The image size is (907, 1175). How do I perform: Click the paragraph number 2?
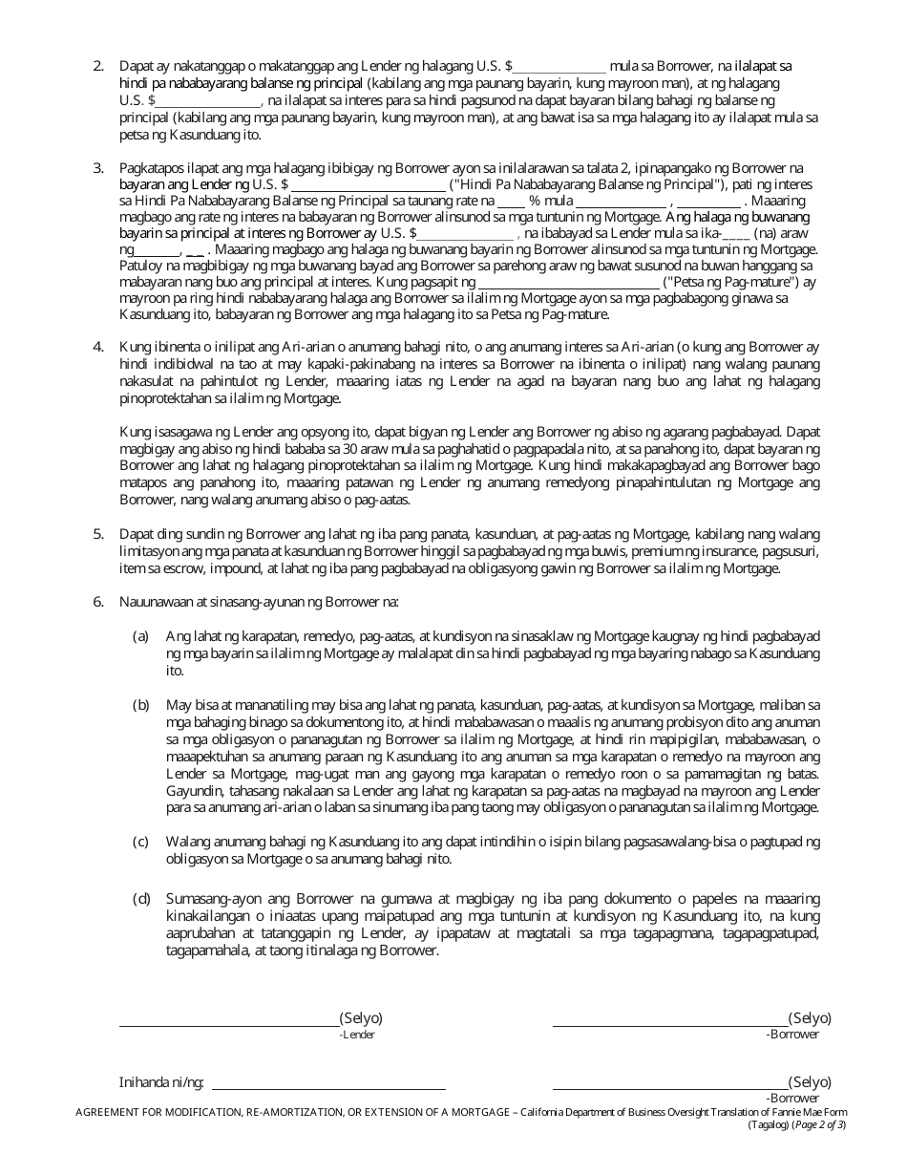[97, 66]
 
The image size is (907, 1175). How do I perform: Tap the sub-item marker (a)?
[140, 635]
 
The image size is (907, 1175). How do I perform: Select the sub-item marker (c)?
[140, 842]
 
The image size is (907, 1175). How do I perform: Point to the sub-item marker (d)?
[140, 899]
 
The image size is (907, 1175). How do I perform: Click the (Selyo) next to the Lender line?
[361, 1018]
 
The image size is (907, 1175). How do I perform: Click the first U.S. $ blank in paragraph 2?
[559, 70]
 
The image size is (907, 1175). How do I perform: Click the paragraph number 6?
[97, 603]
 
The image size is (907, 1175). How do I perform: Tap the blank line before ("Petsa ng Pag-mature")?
[568, 287]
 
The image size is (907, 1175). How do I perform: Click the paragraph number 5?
[97, 534]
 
